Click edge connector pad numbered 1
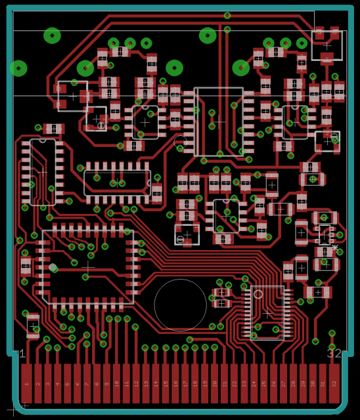coord(26,383)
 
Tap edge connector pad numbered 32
coord(334,383)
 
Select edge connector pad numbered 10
coord(116,383)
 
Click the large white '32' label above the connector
coord(334,354)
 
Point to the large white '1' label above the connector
coord(22,354)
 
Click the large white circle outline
coord(180,304)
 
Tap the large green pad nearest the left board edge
coord(18,68)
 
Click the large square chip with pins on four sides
coord(88,266)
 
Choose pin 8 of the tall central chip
coord(189,152)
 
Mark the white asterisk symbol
coord(335,248)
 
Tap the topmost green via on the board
coord(227,15)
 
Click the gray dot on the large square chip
coord(53,267)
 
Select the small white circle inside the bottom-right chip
coord(258,294)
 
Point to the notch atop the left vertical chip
coord(43,140)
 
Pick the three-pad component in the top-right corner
coord(327,44)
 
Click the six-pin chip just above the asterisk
coord(325,233)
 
